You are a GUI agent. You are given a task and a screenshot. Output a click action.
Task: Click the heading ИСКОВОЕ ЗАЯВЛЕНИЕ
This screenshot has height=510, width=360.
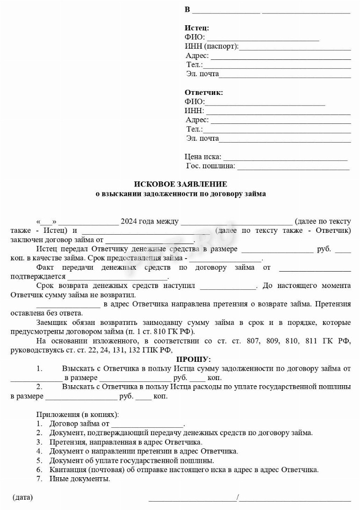click(180, 185)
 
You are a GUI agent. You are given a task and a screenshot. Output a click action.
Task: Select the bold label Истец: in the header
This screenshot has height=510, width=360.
click(197, 28)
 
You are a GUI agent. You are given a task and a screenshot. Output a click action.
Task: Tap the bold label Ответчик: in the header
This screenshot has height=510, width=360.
click(204, 93)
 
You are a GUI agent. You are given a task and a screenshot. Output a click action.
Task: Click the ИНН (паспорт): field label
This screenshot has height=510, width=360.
click(212, 46)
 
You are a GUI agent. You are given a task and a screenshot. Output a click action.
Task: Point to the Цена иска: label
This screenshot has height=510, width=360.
click(203, 157)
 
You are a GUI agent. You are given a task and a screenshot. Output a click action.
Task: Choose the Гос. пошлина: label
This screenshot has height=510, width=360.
click(211, 166)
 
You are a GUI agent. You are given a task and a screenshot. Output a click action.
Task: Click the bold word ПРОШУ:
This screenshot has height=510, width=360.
click(193, 359)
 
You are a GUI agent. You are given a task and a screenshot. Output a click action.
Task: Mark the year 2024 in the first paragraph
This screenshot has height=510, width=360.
click(129, 222)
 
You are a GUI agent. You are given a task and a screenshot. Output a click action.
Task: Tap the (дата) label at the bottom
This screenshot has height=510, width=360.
click(22, 497)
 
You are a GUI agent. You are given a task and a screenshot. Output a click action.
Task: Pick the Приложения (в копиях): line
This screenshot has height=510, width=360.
click(77, 415)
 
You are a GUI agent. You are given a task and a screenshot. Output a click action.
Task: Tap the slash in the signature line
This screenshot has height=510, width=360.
click(238, 497)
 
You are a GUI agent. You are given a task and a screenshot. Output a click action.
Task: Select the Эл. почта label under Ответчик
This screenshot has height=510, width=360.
click(202, 138)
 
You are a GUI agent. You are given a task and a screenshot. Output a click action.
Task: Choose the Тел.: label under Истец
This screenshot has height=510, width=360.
click(194, 65)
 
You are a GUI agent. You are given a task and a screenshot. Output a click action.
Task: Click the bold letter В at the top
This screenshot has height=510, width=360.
click(187, 10)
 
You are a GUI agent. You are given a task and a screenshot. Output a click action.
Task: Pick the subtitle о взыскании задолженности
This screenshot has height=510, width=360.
click(180, 194)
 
